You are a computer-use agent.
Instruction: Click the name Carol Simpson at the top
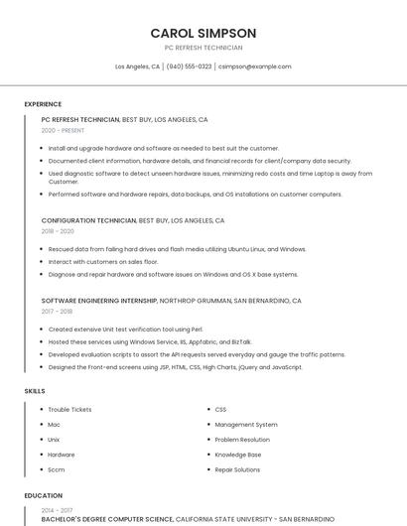tap(203, 33)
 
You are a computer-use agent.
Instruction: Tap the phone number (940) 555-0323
tap(189, 66)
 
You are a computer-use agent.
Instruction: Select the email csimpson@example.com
tap(255, 66)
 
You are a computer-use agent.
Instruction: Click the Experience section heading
tap(43, 104)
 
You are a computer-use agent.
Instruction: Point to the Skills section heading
tap(35, 391)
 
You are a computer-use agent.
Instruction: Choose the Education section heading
tap(44, 495)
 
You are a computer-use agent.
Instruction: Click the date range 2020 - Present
tap(63, 130)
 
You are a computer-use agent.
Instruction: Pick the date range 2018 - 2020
tap(58, 230)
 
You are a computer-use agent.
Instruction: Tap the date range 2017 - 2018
tap(57, 311)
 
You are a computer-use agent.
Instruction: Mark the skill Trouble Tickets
tap(69, 409)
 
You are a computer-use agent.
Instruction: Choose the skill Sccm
tap(57, 469)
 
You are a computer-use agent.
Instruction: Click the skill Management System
tap(246, 424)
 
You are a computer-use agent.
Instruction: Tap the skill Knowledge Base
tap(238, 455)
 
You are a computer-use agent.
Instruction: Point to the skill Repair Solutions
tap(238, 469)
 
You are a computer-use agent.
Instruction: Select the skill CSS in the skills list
tap(220, 409)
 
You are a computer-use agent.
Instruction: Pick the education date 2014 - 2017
tap(57, 510)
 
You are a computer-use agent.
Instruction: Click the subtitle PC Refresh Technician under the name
tap(203, 48)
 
